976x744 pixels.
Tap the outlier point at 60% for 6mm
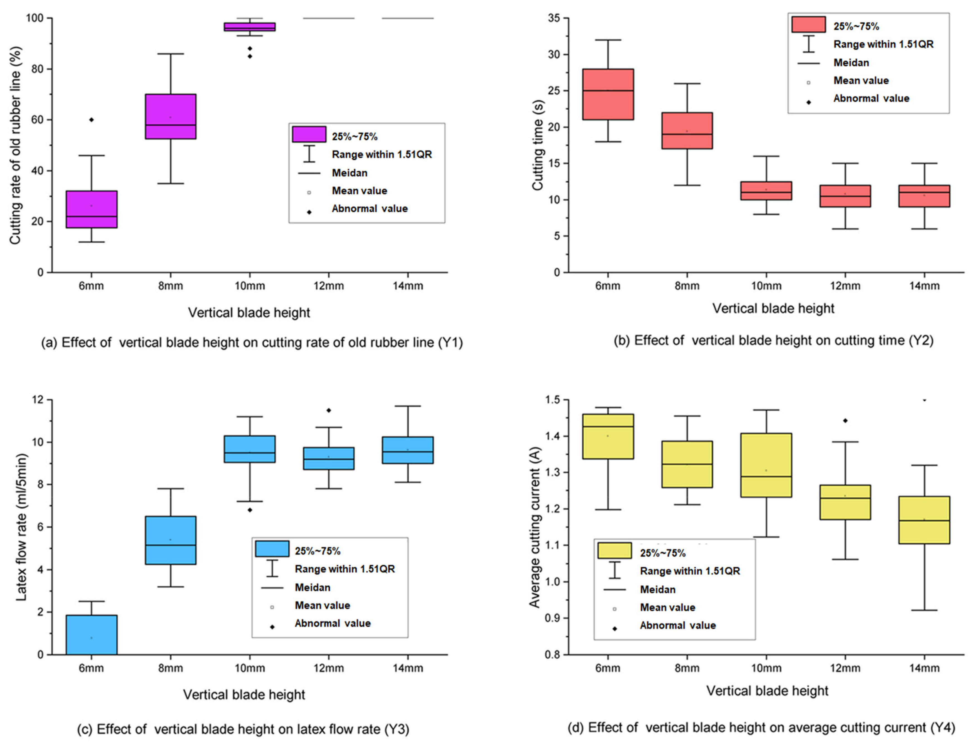pos(91,120)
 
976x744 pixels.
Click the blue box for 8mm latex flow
pos(171,540)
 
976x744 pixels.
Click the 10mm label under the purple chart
pos(250,286)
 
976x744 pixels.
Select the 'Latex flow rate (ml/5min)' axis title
pos(21,527)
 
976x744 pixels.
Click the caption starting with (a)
pos(252,342)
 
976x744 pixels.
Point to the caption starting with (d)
pos(761,727)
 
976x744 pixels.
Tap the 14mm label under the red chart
pos(924,286)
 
